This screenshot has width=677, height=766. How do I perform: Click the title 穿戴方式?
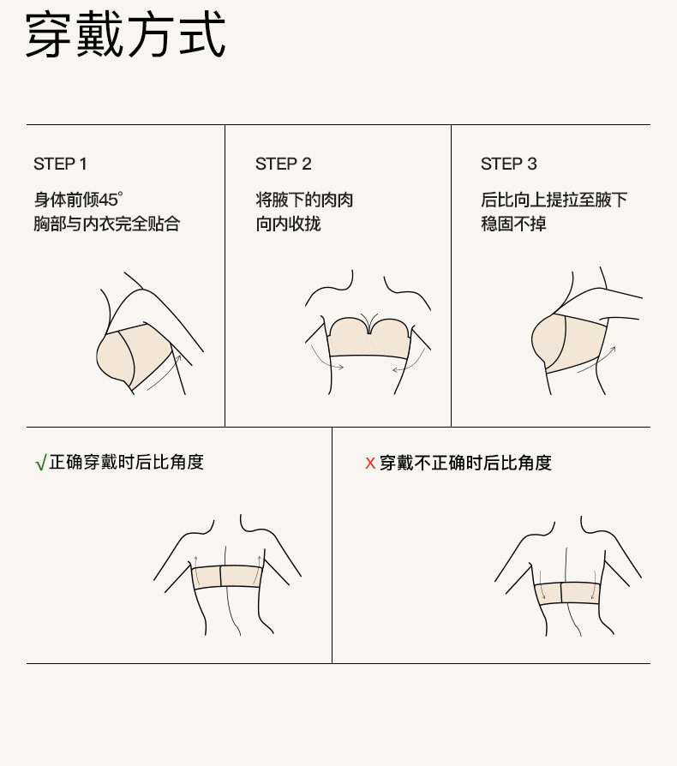point(125,35)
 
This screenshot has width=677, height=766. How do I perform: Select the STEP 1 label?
point(60,165)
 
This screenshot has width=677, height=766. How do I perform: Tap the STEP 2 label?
point(284,165)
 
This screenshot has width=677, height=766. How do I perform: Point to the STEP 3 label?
point(508,165)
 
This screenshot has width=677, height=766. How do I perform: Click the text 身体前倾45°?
point(78,200)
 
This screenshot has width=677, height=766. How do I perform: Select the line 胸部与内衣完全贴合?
point(107,224)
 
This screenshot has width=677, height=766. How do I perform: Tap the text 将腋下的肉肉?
point(304,200)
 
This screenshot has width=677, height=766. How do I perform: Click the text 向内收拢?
point(288,224)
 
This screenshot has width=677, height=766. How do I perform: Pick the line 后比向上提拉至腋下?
point(554,200)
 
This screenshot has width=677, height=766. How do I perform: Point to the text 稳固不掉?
point(513,224)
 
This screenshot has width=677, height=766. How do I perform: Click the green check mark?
point(41,463)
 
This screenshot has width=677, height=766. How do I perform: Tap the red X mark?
point(370,464)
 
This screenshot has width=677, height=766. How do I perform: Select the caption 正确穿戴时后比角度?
point(126,462)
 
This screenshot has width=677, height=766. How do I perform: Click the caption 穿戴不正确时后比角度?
point(465,464)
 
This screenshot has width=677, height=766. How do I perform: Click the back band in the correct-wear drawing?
point(226,577)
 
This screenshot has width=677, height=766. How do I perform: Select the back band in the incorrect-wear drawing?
point(567,593)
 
